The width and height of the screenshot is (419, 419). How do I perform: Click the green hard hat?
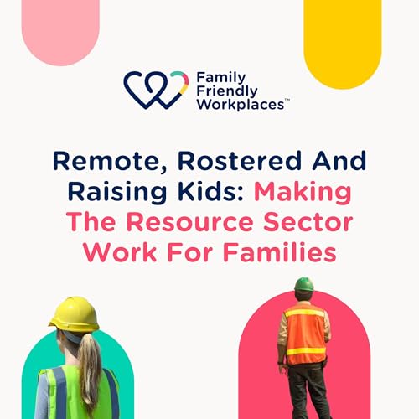(303, 283)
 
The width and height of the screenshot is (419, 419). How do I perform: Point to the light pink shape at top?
(60, 30)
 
